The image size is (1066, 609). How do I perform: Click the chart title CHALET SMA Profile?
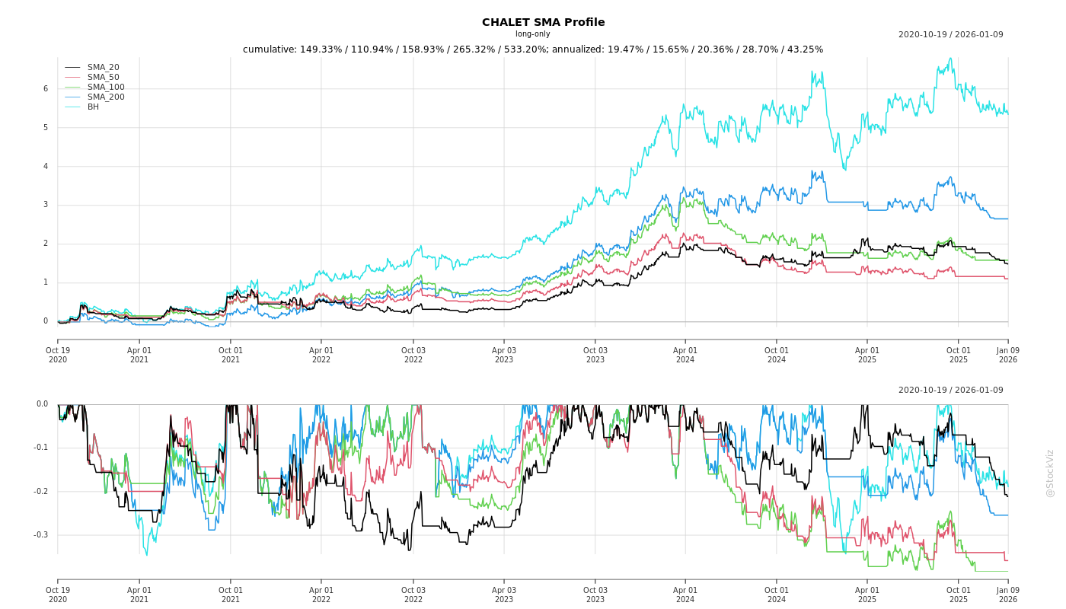543,22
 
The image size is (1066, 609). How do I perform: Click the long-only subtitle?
532,34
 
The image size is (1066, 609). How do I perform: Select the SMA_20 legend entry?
103,68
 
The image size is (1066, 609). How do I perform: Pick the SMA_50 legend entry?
103,78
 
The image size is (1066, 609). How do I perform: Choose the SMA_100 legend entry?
106,88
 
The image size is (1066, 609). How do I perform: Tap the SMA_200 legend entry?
106,97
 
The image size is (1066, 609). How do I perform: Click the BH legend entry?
93,107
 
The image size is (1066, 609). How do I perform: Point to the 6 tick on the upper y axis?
46,89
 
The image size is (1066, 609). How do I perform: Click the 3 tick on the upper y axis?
46,205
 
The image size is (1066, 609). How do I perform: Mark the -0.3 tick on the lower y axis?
41,535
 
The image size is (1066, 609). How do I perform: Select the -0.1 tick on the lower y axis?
41,448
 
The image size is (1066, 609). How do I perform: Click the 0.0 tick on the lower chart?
43,404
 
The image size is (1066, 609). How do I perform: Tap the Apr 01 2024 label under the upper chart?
685,355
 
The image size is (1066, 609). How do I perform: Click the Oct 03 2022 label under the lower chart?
413,595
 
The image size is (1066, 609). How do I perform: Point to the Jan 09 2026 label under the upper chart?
1007,355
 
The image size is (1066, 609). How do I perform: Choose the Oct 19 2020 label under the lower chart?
58,595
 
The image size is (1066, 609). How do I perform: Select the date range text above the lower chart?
950,391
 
